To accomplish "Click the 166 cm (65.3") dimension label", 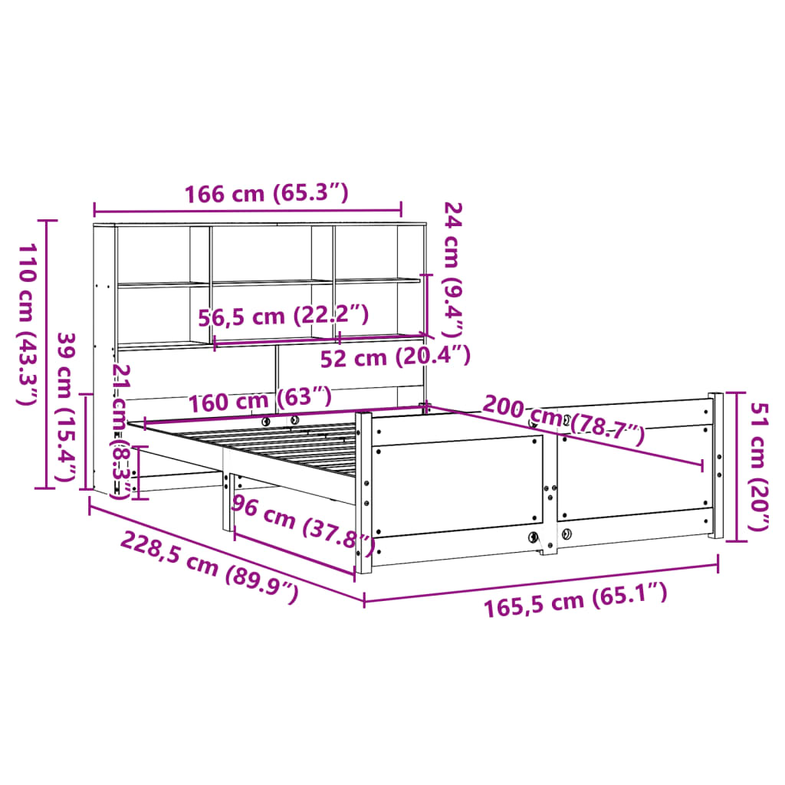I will [x=266, y=194].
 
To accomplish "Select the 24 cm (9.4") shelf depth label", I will [x=454, y=270].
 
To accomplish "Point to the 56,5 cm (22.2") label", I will [x=283, y=316].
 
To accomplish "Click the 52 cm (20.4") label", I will [x=394, y=356].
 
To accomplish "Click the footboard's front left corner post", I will [x=363, y=491].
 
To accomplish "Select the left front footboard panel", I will [x=458, y=484].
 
